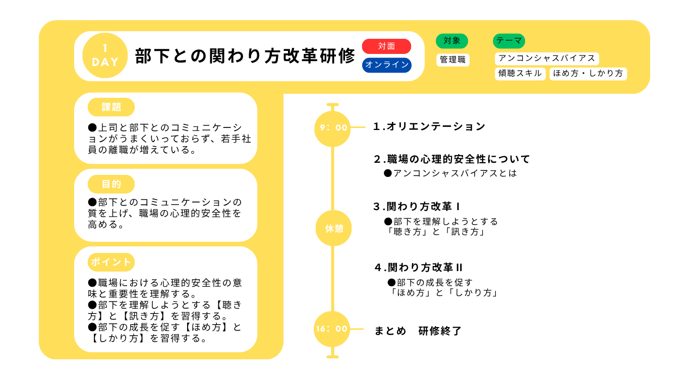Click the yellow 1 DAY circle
[x=105, y=55]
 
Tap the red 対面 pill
[x=386, y=46]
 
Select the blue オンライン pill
[x=387, y=65]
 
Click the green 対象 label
[x=452, y=41]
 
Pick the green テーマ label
[x=509, y=41]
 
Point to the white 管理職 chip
[x=453, y=59]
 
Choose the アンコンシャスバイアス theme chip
[x=547, y=58]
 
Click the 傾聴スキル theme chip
[x=520, y=74]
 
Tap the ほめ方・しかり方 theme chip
[x=588, y=74]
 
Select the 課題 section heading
[x=111, y=107]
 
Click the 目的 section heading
[x=111, y=184]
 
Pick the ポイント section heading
[x=111, y=262]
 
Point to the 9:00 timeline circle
[x=332, y=128]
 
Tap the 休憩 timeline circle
[x=334, y=228]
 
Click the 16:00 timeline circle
[x=332, y=329]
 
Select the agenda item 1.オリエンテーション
[x=429, y=126]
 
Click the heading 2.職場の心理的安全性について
[x=452, y=159]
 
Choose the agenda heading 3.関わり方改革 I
[x=417, y=207]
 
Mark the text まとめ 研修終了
[x=418, y=331]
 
